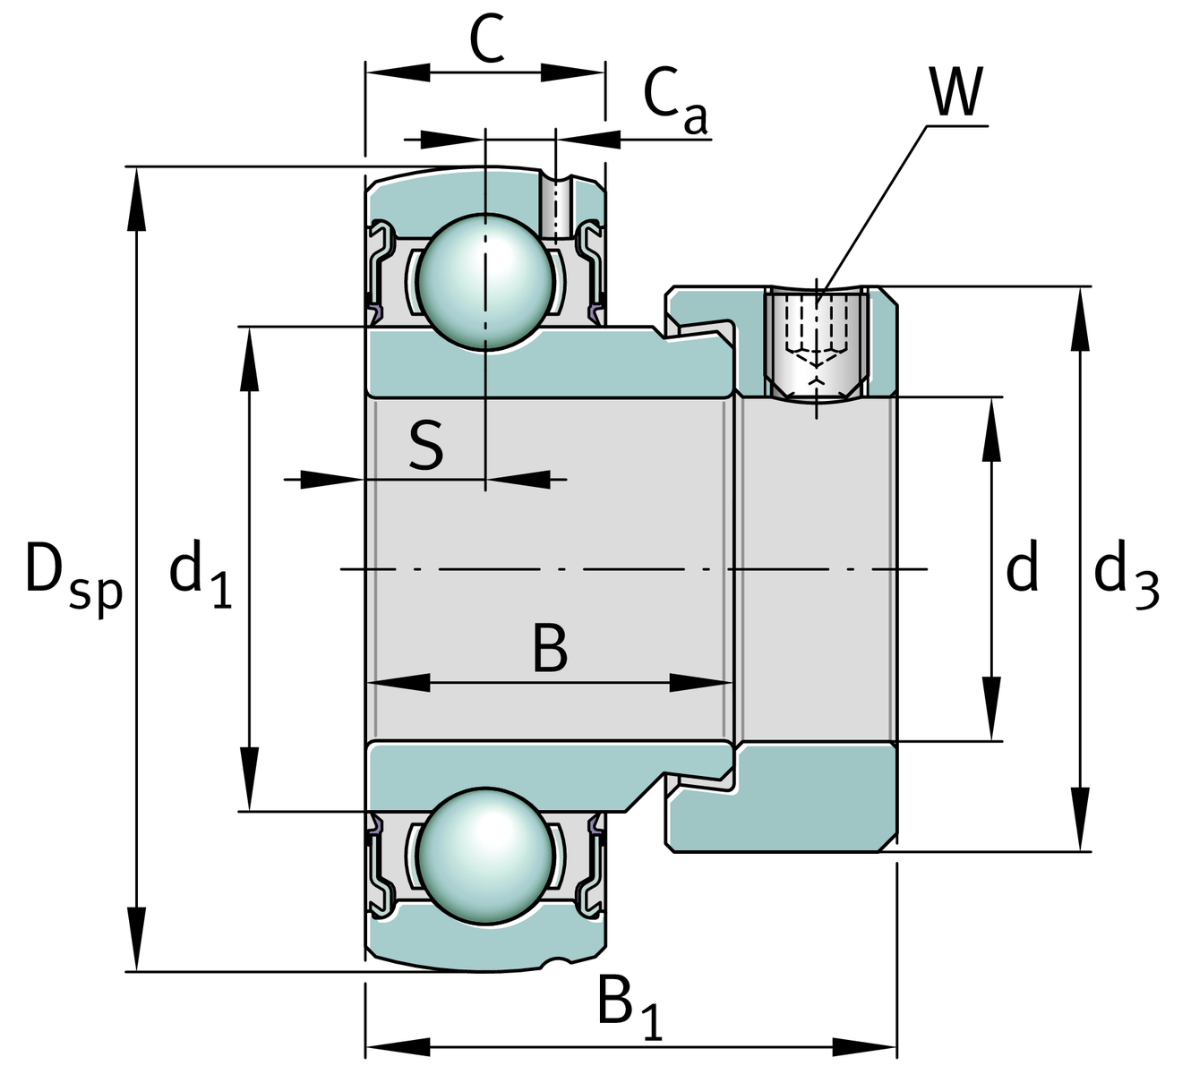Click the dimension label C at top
coord(487,40)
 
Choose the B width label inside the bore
coord(550,649)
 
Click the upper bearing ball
coord(484,280)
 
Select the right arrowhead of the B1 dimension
coord(863,1045)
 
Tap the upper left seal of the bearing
coord(380,268)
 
